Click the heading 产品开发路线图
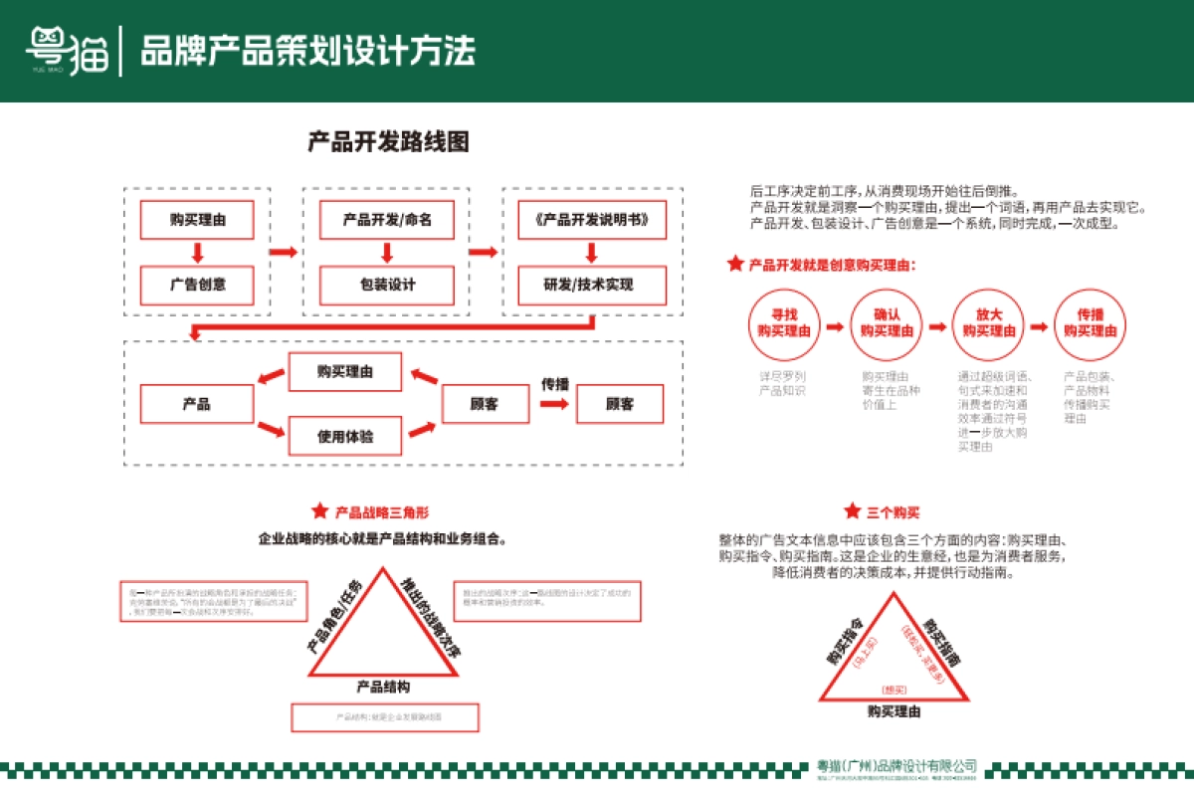388,142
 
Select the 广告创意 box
197,285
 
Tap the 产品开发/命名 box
387,220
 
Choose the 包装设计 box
387,285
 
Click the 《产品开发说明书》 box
591,220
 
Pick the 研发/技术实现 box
591,285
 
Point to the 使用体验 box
345,435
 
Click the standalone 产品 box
196,404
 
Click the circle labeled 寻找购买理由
784,322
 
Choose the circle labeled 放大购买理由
987,322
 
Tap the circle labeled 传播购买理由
1090,322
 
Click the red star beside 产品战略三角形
319,511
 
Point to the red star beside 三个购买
852,511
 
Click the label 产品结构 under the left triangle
383,687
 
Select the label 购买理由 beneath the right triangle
894,711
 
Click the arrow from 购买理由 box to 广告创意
197,252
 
